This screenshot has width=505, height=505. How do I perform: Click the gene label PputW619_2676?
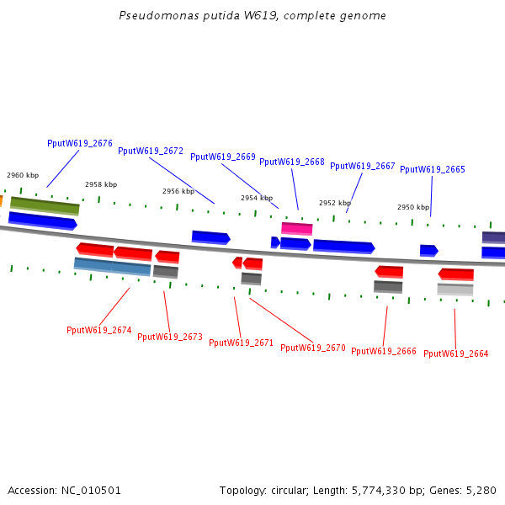80,143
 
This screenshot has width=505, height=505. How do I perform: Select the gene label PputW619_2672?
151,151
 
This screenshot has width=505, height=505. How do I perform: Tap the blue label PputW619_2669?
223,157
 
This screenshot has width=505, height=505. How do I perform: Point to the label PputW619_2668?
292,162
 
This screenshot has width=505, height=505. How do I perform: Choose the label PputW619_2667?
363,166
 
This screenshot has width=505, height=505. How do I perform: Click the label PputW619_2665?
433,169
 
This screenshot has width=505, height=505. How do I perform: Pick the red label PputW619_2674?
99,330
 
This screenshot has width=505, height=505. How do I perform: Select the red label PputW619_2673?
170,337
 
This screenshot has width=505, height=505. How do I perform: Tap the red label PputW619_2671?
242,343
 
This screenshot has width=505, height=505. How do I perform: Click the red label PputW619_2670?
313,348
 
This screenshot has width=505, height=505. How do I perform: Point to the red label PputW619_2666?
384,351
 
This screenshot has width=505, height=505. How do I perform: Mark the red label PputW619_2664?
456,353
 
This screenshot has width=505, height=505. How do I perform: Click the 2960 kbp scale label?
23,175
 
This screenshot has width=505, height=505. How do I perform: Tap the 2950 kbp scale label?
413,207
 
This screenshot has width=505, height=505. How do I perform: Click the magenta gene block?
296,228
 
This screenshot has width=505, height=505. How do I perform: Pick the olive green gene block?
45,205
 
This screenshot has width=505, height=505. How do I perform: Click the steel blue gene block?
112,267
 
